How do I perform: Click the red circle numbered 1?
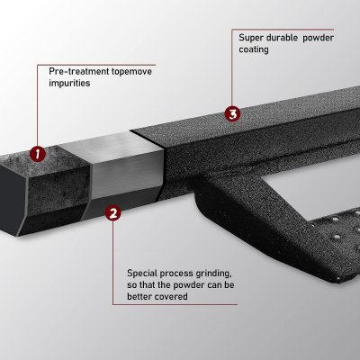tap(38, 153)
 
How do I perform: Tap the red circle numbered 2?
tap(112, 213)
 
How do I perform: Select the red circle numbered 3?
tap(232, 114)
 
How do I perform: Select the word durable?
tap(290, 39)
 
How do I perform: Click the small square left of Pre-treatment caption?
tap(37, 67)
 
